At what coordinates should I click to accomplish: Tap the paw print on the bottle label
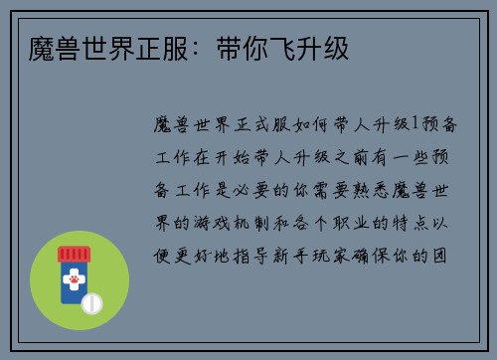point(74,281)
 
